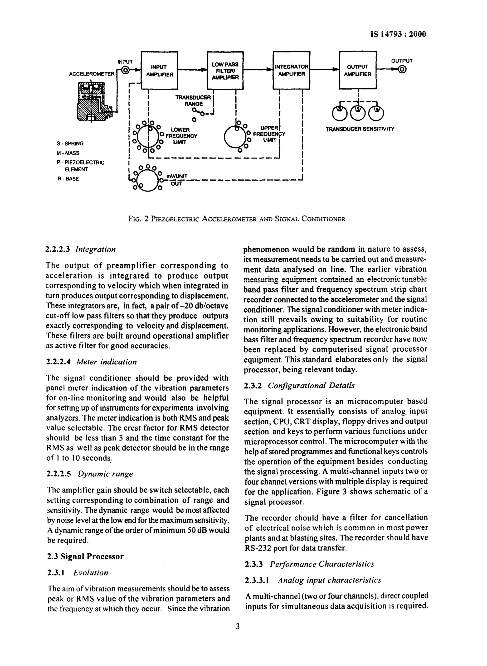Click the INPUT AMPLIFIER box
pyautogui.click(x=160, y=70)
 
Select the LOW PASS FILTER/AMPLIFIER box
pyautogui.click(x=225, y=70)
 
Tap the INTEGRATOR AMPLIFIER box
pyautogui.click(x=291, y=70)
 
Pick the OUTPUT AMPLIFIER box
pyautogui.click(x=358, y=70)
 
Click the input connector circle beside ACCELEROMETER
pyautogui.click(x=125, y=70)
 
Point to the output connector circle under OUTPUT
pyautogui.click(x=402, y=70)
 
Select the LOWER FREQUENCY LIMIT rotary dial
pyautogui.click(x=147, y=136)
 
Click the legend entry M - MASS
pyautogui.click(x=68, y=153)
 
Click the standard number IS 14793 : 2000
pyautogui.click(x=398, y=34)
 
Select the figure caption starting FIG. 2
pyautogui.click(x=237, y=219)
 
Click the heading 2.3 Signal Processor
pyautogui.click(x=85, y=556)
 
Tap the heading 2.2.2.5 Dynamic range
pyautogui.click(x=90, y=474)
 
